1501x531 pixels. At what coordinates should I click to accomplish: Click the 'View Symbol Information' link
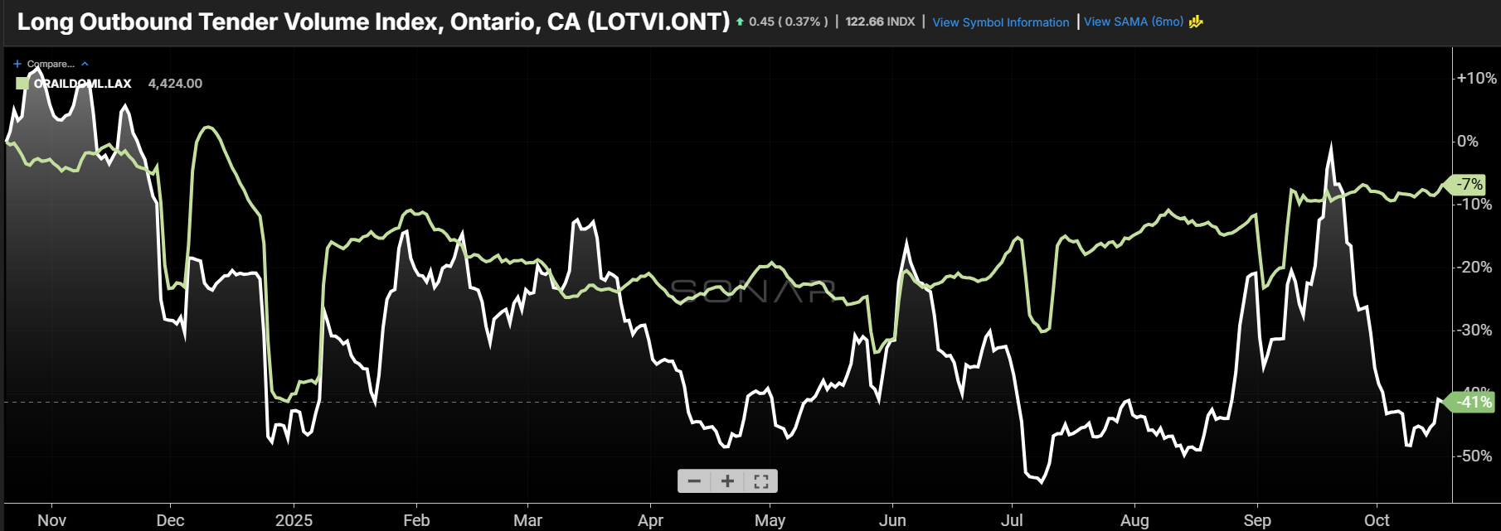tap(1000, 22)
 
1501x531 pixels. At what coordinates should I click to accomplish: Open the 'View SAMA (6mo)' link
tap(1134, 22)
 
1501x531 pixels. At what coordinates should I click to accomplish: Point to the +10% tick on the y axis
tap(1476, 79)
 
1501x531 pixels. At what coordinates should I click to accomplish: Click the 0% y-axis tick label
tap(1467, 142)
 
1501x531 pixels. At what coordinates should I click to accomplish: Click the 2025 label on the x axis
tap(294, 520)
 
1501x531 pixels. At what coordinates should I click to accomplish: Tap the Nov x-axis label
tap(51, 520)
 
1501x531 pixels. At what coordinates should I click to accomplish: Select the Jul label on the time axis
tap(1011, 520)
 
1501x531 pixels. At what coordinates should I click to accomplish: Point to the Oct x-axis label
tap(1377, 520)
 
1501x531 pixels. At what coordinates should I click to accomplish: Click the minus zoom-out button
tap(694, 481)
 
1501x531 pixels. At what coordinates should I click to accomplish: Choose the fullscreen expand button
tap(760, 481)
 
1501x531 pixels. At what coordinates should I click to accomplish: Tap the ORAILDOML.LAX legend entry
tap(82, 84)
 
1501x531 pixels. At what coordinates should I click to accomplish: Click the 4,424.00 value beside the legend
tap(175, 84)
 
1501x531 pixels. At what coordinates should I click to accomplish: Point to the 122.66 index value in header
tap(864, 22)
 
